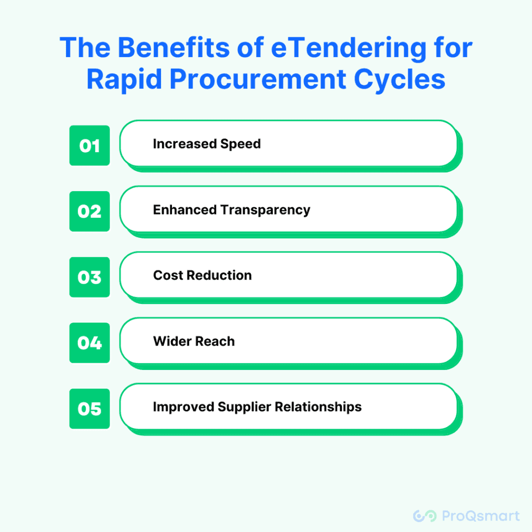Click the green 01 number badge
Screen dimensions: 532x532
89,145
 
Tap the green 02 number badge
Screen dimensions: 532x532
89,211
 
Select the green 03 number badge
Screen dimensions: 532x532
89,277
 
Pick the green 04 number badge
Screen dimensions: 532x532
89,343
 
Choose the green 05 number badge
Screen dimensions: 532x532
89,408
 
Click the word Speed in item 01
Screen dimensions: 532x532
241,144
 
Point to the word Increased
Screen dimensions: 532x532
185,144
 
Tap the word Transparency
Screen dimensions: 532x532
265,210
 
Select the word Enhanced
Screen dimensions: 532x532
185,210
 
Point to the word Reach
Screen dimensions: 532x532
215,341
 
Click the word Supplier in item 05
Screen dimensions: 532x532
244,407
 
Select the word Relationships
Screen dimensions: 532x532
318,407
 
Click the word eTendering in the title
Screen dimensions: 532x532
349,48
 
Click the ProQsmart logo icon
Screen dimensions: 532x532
425,516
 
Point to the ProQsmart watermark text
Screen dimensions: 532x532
481,516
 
